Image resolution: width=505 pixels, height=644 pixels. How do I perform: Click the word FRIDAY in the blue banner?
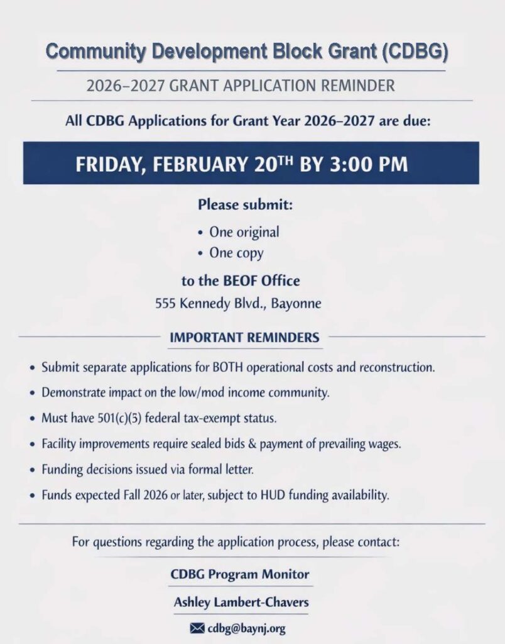[111, 164]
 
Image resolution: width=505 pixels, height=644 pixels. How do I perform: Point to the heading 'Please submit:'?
[246, 205]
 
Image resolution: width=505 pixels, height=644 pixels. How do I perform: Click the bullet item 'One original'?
[244, 232]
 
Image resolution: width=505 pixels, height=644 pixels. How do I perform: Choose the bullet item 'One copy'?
[236, 253]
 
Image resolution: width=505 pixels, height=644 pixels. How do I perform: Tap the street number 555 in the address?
[166, 304]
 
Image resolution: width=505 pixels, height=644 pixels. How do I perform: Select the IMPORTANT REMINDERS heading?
[244, 338]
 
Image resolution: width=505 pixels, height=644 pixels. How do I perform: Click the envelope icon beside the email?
[197, 628]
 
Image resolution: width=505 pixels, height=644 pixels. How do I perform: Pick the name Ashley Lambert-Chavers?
[241, 602]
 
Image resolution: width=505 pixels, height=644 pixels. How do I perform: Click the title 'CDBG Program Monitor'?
[240, 574]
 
